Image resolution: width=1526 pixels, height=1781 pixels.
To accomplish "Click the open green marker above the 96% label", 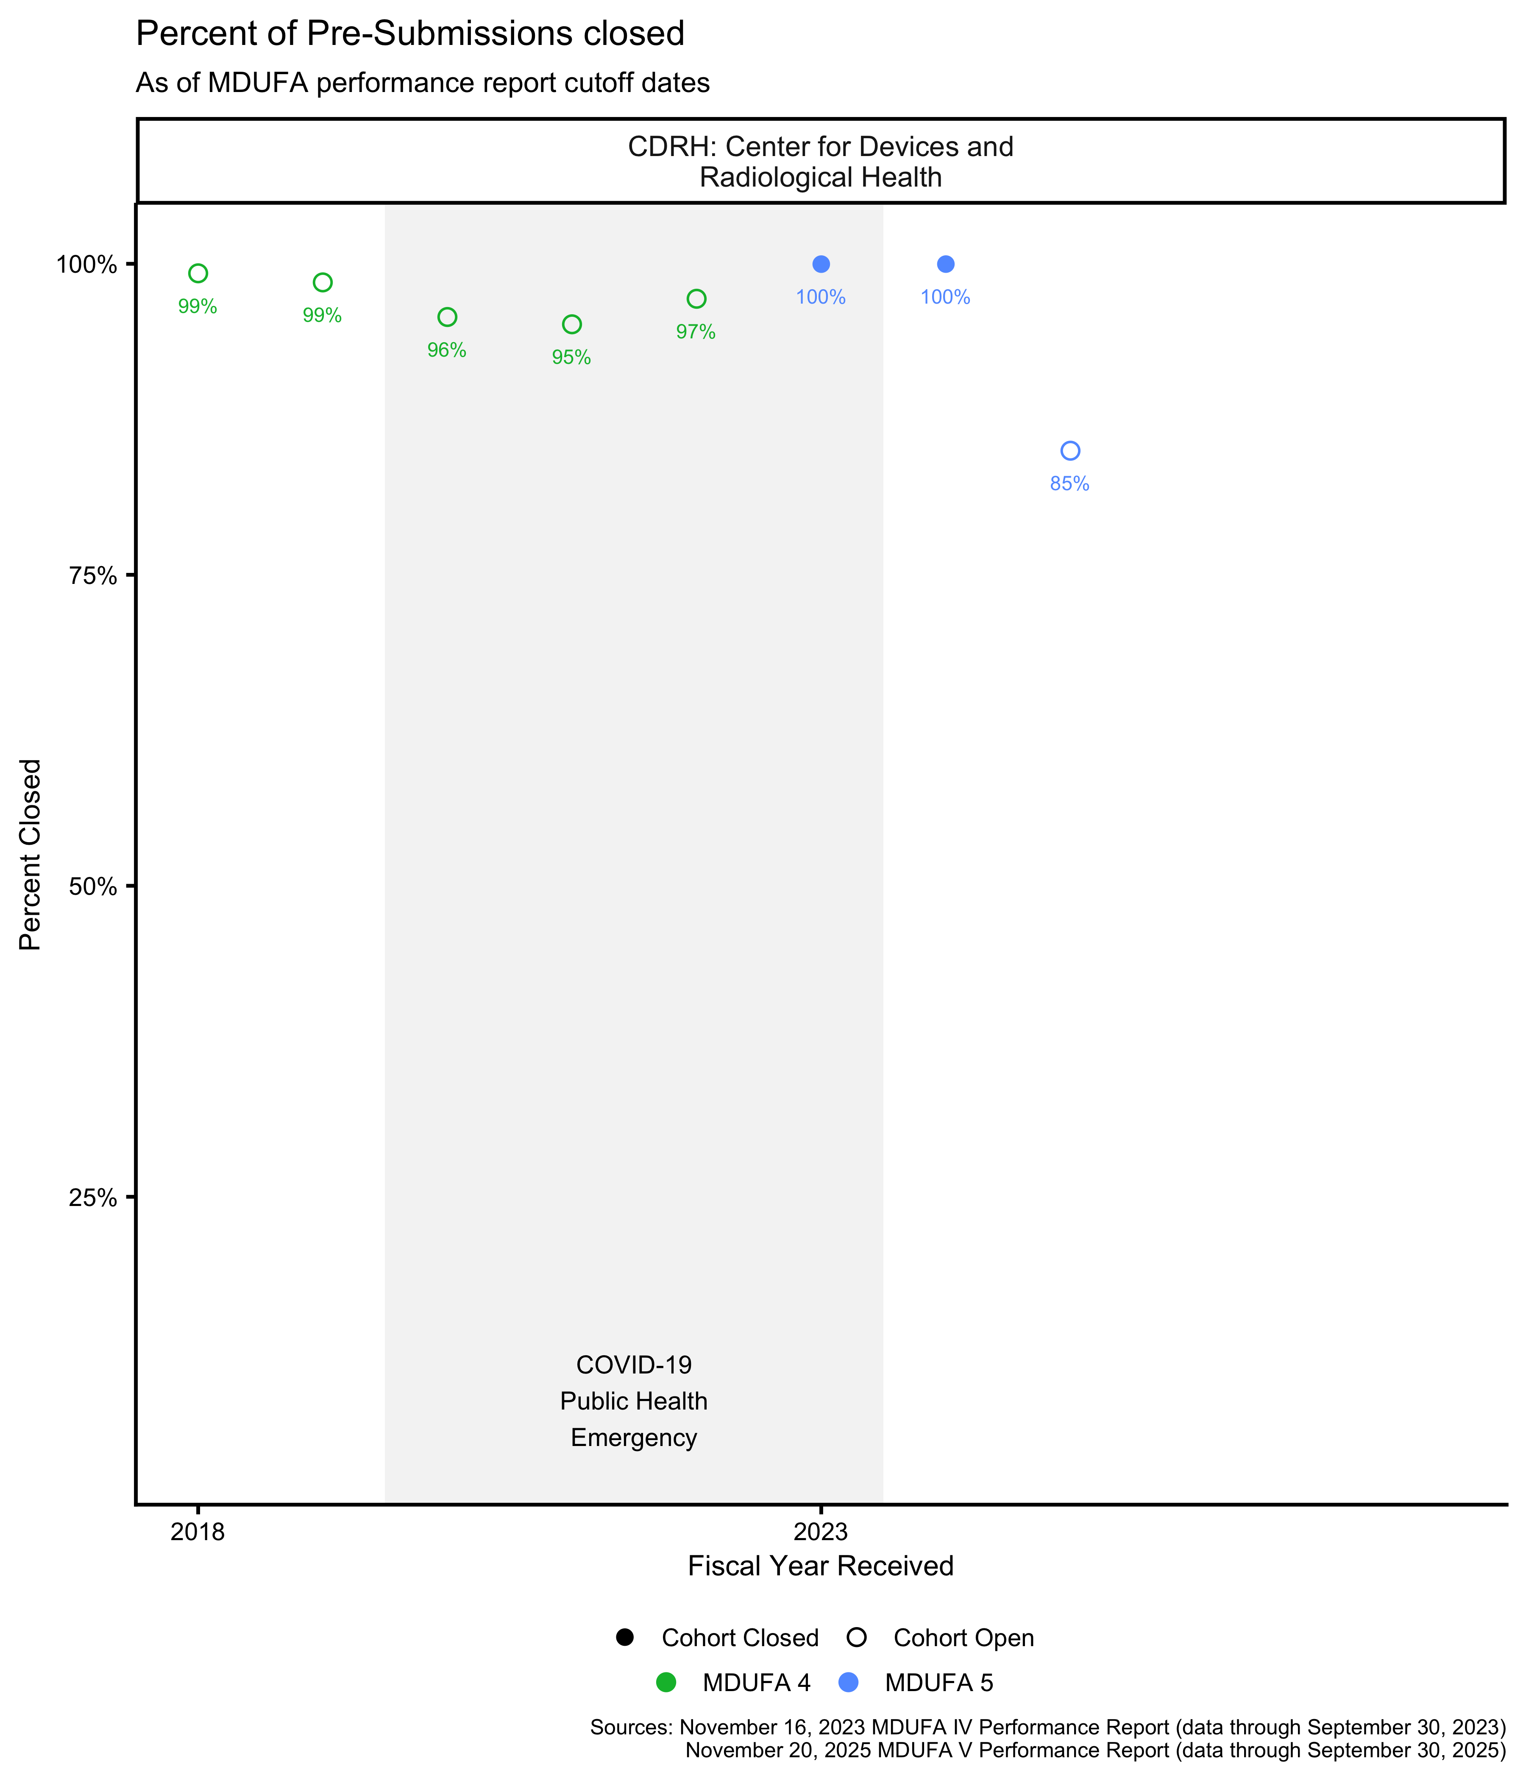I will click(x=447, y=317).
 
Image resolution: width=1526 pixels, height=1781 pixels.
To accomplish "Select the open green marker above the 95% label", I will click(x=571, y=324).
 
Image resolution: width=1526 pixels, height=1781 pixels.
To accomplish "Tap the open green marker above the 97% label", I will click(x=696, y=298).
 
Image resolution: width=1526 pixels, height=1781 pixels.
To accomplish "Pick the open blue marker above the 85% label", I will click(x=1070, y=450).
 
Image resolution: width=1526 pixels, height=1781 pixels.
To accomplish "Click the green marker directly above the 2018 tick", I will click(x=198, y=274).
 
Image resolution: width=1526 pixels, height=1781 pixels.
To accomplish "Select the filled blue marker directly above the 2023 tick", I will click(x=821, y=264).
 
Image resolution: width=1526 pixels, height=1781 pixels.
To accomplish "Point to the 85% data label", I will click(x=1070, y=484).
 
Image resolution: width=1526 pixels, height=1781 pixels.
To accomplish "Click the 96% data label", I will click(x=447, y=351).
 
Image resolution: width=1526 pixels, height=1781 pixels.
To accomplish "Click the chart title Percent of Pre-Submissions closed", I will click(x=410, y=34).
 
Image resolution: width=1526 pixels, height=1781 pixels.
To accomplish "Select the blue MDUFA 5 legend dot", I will click(x=848, y=1682).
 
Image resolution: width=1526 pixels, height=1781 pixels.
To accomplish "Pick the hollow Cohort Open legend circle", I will click(x=857, y=1637).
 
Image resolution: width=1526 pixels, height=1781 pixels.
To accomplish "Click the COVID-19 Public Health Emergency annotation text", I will click(x=633, y=1401).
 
